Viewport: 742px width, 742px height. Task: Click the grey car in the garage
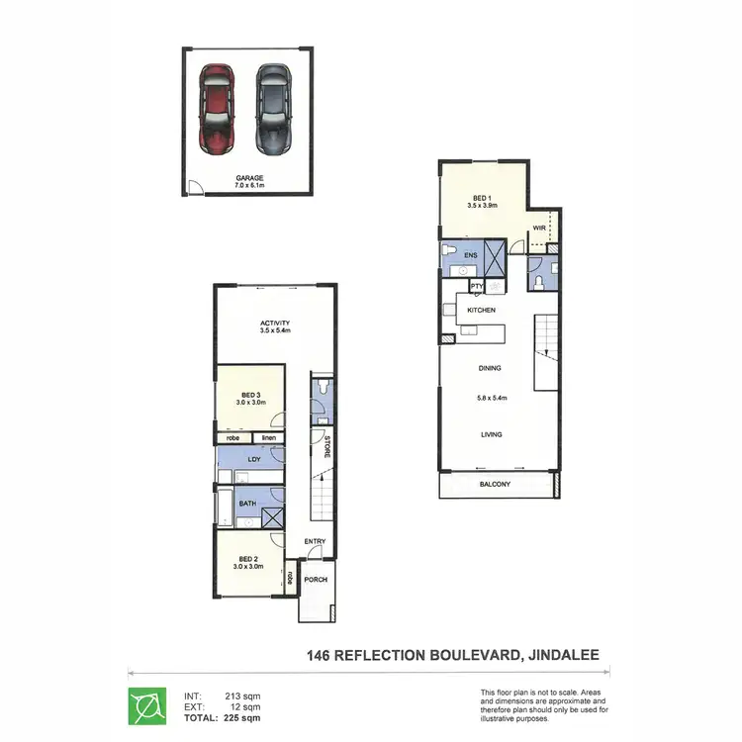[x=272, y=109]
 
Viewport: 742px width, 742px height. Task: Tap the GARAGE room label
[x=249, y=179]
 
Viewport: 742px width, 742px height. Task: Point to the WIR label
[x=539, y=228]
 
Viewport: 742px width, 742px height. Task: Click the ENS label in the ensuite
[x=473, y=254]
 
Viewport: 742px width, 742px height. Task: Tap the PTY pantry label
[x=477, y=287]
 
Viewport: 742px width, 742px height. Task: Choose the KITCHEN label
[x=481, y=310]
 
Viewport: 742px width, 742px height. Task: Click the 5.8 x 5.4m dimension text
[x=490, y=398]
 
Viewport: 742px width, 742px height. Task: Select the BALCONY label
[x=495, y=484]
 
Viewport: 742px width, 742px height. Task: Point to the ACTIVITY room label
[x=274, y=324]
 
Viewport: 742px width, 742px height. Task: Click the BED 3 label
[x=250, y=395]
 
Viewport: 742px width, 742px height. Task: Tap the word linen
[x=268, y=437]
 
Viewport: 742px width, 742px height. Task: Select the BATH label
[x=248, y=503]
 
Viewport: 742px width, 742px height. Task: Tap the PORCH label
[x=317, y=580]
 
